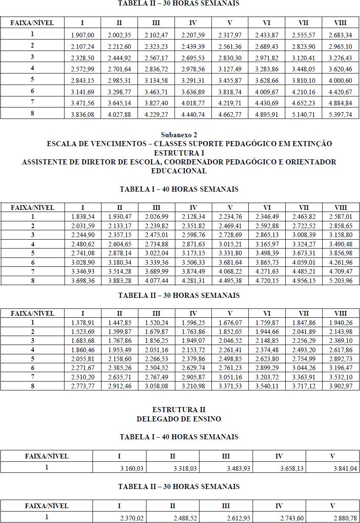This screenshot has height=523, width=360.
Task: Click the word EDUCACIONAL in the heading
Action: click(x=179, y=171)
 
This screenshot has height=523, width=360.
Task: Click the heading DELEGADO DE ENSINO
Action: click(x=179, y=419)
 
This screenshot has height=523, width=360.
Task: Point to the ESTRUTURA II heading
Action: click(x=179, y=410)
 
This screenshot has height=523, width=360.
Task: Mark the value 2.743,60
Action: click(x=292, y=518)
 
